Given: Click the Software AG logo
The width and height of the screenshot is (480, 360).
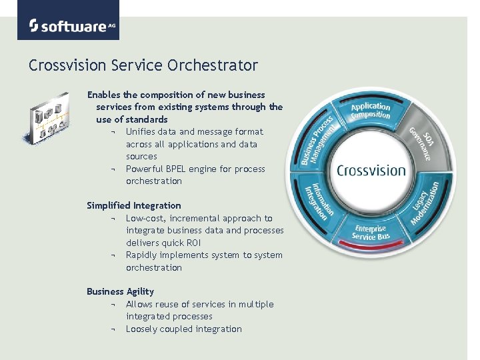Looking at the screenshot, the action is [68, 25].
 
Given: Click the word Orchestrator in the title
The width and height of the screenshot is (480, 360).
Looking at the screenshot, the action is [223, 65].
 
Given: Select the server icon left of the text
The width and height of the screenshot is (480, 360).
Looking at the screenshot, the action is [47, 119].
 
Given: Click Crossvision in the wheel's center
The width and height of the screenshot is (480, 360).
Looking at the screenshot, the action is [371, 171].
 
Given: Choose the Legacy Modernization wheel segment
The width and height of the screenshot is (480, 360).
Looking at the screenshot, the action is [425, 203].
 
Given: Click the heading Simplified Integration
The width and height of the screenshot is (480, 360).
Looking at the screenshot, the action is [133, 205].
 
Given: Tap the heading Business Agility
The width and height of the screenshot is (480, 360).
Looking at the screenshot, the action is [120, 291].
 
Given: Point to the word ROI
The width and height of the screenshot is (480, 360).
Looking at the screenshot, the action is [191, 243].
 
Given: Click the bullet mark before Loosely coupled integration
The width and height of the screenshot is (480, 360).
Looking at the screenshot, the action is [114, 329].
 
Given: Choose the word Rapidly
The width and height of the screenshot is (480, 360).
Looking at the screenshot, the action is [144, 255].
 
